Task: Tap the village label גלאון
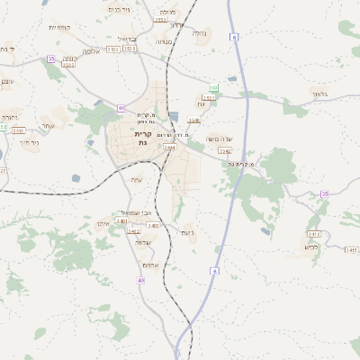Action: click(322, 94)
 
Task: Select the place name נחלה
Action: click(200, 33)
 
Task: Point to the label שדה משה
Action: click(219, 138)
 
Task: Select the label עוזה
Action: click(136, 180)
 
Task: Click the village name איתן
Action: click(103, 222)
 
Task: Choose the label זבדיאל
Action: click(127, 39)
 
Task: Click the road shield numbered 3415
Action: click(350, 249)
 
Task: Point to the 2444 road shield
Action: click(169, 147)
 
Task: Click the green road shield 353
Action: click(213, 87)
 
